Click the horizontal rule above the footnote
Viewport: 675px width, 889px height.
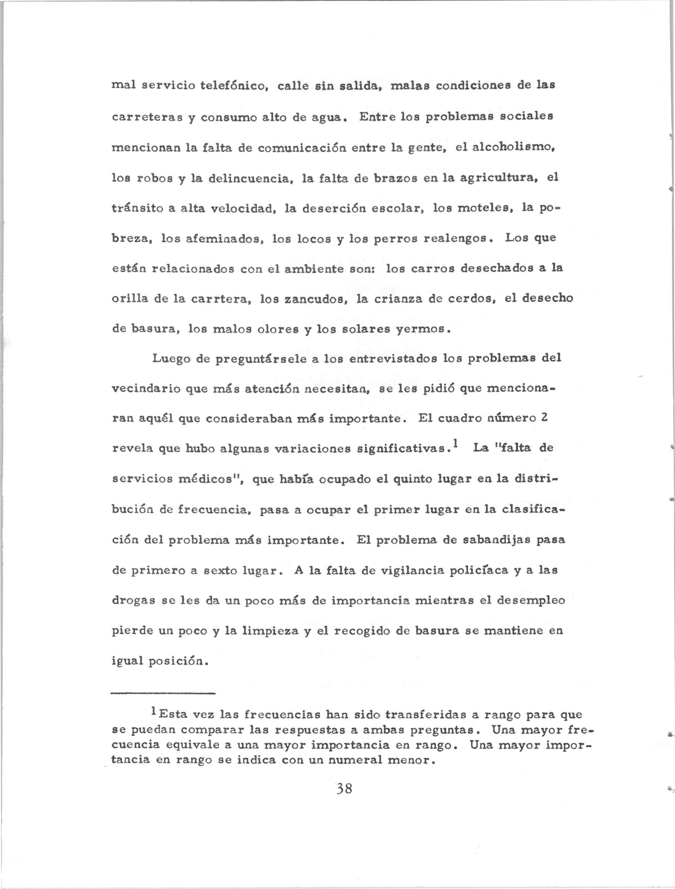click(x=163, y=694)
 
